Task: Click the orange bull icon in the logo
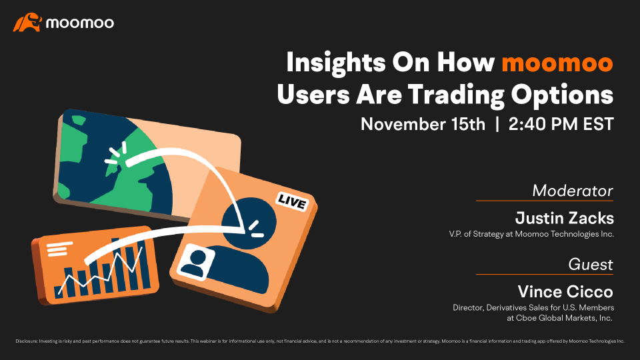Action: (27, 23)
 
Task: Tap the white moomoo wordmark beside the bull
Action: (80, 23)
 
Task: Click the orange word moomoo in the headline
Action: (557, 63)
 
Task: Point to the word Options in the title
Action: (562, 95)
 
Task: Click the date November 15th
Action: (423, 124)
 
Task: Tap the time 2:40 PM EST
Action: (561, 124)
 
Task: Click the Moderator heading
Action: (573, 191)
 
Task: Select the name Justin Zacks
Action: (565, 218)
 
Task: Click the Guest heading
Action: (591, 265)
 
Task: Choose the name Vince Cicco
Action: (565, 291)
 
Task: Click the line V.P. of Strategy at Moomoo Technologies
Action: (531, 234)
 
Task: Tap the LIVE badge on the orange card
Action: (291, 201)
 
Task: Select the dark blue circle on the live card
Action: (249, 223)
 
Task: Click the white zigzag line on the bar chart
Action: (101, 271)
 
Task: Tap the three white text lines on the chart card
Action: (59, 249)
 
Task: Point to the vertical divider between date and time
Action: (497, 124)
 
